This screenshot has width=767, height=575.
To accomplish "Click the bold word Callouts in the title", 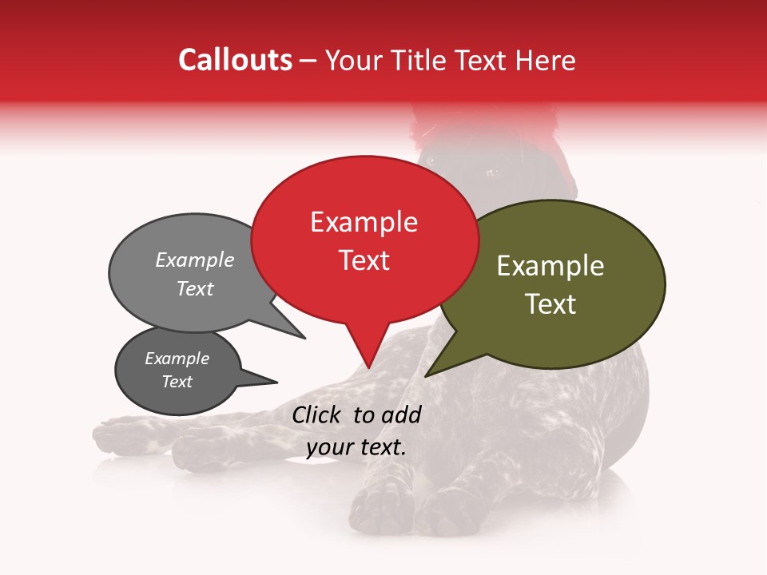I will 236,60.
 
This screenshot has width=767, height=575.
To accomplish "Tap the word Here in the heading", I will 546,60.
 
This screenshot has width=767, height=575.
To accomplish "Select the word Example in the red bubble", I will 364,222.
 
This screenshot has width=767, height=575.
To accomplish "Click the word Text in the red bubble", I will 364,260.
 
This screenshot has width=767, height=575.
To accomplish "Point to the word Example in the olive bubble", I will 550,266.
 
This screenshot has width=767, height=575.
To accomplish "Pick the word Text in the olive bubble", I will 550,303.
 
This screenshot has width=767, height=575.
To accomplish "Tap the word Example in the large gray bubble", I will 195,260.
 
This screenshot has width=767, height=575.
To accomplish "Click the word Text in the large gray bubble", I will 195,288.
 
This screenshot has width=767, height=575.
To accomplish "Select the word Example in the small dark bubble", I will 177,359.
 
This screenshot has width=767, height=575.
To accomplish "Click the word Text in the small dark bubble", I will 177,382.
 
